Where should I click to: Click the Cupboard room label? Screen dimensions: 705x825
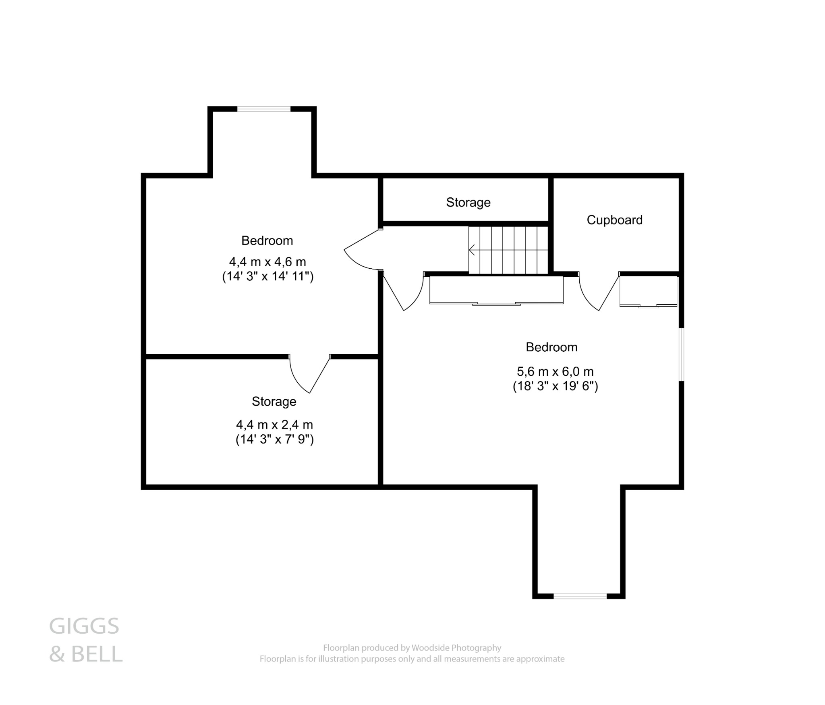point(614,220)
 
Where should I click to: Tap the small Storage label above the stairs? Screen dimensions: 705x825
point(468,202)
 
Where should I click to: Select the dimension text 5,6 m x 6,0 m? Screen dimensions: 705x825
point(555,371)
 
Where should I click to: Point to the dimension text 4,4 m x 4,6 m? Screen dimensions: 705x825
point(267,262)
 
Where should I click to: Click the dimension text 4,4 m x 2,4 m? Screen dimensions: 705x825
point(274,425)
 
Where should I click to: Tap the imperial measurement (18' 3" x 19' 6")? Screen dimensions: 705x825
point(555,386)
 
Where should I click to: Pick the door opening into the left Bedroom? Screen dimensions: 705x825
point(361,252)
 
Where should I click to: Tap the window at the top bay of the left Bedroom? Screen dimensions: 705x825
point(263,109)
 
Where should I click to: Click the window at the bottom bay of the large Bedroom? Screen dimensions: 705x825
point(580,596)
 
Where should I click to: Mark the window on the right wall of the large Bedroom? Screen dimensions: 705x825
point(681,355)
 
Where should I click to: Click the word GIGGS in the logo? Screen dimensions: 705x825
point(84,626)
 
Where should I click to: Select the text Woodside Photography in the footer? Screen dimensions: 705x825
point(456,648)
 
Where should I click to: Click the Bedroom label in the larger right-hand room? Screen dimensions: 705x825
point(551,347)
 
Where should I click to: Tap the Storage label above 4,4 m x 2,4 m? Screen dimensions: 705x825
point(274,401)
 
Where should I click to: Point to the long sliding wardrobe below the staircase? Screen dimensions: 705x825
point(496,290)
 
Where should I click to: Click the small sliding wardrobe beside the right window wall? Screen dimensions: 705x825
point(648,291)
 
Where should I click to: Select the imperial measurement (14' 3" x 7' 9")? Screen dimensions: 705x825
point(274,439)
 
